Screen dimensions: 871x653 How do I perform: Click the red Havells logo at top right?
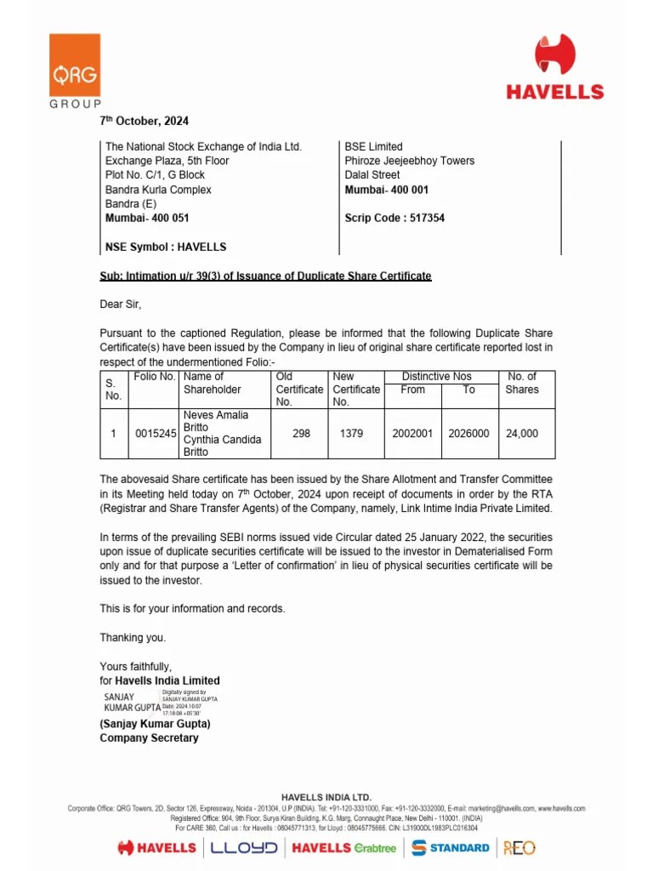tap(555, 68)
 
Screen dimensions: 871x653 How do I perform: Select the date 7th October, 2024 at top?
tap(144, 121)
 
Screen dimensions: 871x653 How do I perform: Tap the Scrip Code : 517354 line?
tap(395, 218)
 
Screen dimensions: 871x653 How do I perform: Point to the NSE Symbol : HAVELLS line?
tap(166, 247)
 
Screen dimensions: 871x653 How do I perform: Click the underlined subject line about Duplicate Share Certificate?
tap(265, 276)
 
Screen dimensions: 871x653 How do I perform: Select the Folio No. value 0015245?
tap(156, 434)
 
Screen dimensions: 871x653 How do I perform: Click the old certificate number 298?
tap(301, 434)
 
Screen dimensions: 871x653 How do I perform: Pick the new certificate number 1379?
tap(351, 434)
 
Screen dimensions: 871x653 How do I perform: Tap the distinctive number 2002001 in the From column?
tap(412, 434)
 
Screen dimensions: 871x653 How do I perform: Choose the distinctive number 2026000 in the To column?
tap(469, 434)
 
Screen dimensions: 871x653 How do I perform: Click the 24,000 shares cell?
tap(522, 434)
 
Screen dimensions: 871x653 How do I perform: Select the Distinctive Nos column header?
tap(437, 376)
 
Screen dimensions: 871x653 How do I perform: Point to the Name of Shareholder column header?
tap(212, 383)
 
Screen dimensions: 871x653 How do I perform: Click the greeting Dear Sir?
tap(121, 305)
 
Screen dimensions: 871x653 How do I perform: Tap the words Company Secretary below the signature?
tap(149, 737)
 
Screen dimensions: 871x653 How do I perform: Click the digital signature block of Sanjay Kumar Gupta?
tap(161, 701)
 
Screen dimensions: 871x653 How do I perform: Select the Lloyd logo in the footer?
tap(244, 847)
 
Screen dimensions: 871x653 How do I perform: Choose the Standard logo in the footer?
tap(451, 847)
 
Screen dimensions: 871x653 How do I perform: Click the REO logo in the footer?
tap(519, 847)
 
